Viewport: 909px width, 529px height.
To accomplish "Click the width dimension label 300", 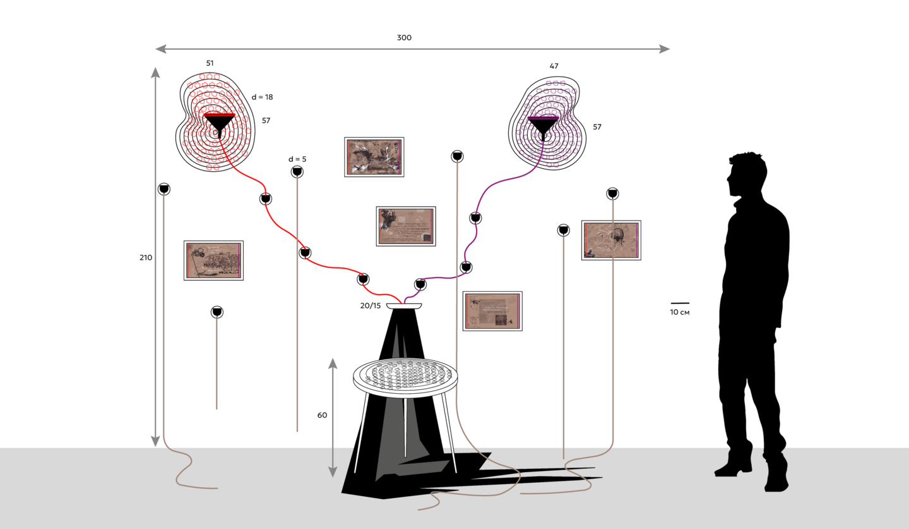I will (x=404, y=38).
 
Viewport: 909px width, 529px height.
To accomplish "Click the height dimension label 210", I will (x=146, y=258).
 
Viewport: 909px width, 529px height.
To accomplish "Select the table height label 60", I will (x=323, y=415).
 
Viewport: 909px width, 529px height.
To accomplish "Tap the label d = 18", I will (x=263, y=97).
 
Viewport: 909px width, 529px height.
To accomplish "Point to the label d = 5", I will (x=297, y=159).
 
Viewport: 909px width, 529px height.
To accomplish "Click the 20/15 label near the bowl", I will (x=371, y=306).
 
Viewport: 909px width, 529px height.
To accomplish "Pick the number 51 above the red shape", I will (x=210, y=63).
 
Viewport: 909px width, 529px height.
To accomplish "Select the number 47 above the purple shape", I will (x=554, y=66).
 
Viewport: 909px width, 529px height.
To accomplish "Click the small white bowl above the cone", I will (x=404, y=307).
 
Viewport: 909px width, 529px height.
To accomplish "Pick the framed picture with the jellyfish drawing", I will (x=611, y=240).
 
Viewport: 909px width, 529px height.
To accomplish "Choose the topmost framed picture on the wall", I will (x=374, y=157).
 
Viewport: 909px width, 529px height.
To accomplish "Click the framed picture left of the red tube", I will (x=214, y=260).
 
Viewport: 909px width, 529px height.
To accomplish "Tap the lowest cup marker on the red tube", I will (x=363, y=279).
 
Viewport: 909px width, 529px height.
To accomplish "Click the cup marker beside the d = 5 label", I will (x=297, y=172).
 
